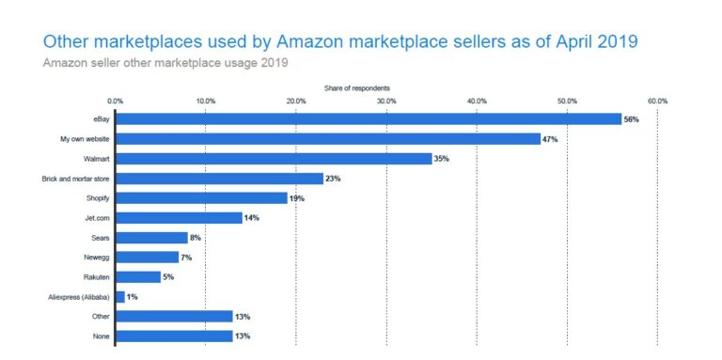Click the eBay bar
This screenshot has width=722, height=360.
[368, 118]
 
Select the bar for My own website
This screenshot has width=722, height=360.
[327, 138]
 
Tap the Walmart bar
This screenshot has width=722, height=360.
[273, 158]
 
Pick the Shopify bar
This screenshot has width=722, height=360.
[201, 197]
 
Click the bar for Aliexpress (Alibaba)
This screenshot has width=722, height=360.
[119, 296]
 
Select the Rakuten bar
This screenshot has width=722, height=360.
[137, 276]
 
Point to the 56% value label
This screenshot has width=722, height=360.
[631, 119]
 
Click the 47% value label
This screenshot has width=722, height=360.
[550, 139]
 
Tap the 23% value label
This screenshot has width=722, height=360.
[334, 179]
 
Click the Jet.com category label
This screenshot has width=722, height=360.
[96, 217]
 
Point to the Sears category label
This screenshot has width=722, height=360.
[99, 237]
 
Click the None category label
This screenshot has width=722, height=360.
[99, 336]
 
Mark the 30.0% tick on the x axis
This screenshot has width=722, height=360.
[385, 101]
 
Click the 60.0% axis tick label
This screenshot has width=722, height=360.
[656, 101]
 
